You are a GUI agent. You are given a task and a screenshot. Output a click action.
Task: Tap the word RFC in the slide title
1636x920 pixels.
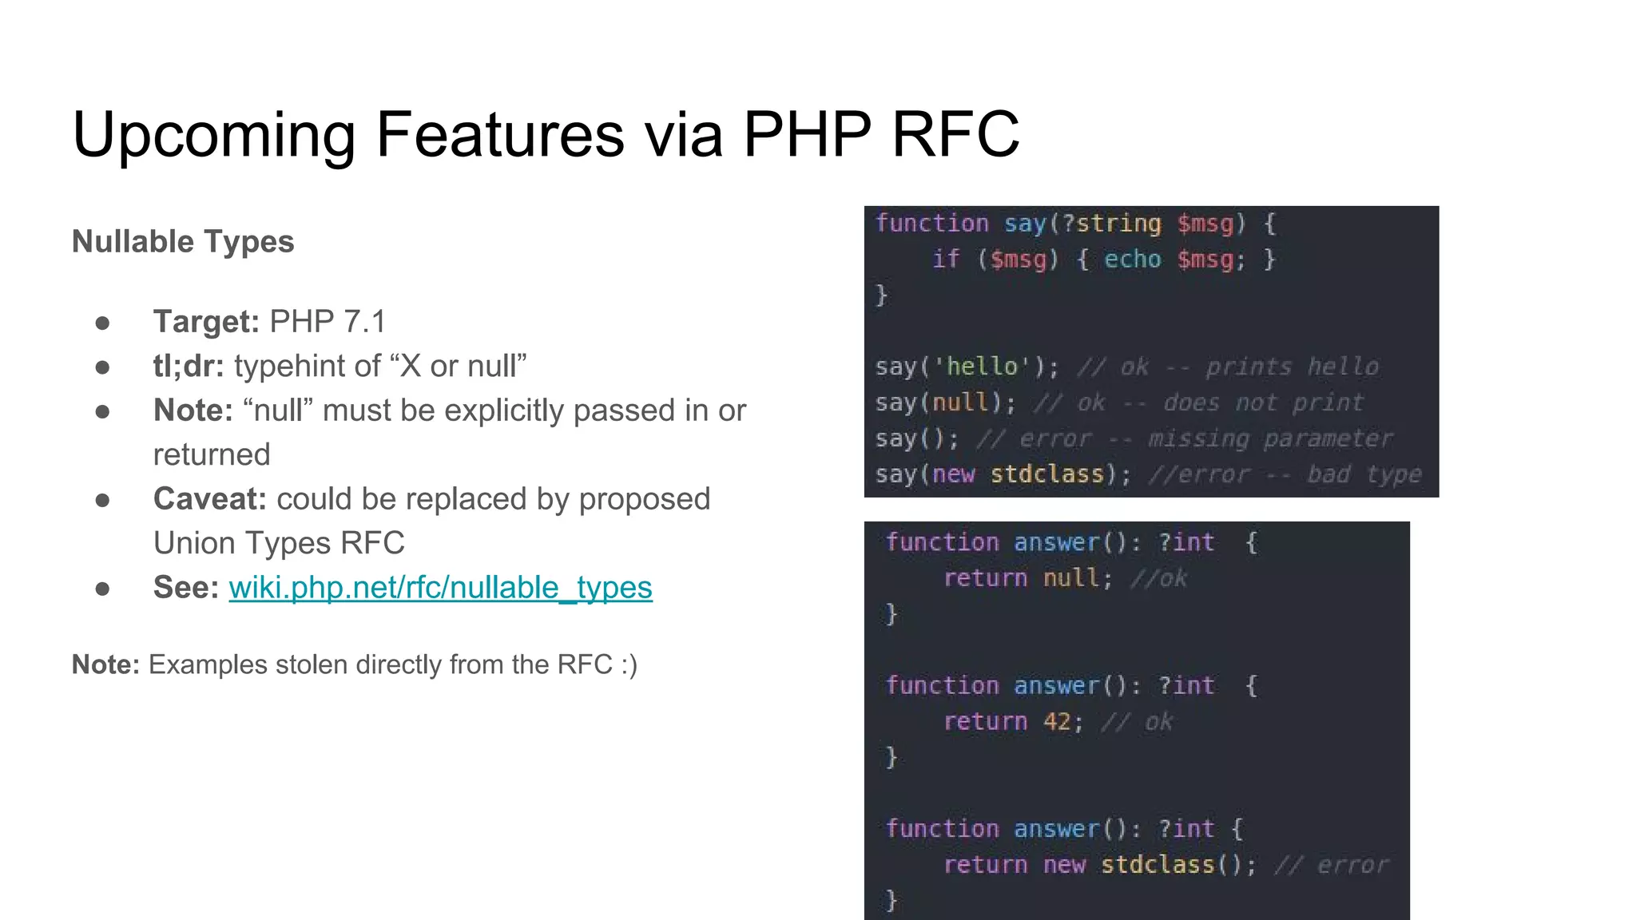955,134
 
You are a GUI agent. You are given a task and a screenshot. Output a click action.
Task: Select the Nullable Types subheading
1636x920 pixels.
183,241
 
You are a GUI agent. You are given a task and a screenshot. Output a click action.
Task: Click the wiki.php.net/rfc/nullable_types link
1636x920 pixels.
440,588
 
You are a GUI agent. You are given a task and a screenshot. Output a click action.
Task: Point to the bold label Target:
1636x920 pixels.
206,322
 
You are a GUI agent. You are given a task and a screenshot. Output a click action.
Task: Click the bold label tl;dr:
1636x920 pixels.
189,366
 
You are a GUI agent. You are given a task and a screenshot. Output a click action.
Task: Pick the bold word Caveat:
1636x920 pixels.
209,499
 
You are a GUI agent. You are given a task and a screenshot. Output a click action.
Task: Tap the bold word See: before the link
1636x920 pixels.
185,588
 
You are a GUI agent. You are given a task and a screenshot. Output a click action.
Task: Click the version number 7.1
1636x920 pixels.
364,322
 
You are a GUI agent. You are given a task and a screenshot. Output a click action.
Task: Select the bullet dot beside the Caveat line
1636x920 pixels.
102,500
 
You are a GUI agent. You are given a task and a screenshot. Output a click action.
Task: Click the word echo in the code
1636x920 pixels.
1132,260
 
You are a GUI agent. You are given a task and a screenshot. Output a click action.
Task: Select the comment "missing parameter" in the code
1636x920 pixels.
1270,438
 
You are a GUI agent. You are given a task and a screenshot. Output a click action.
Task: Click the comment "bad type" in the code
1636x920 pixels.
1364,474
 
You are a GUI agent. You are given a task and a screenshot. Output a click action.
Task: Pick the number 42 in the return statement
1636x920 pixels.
1057,722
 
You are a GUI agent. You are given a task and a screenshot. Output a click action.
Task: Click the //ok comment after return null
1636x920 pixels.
1159,578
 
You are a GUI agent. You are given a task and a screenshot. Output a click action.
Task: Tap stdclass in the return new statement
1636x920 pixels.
1158,865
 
